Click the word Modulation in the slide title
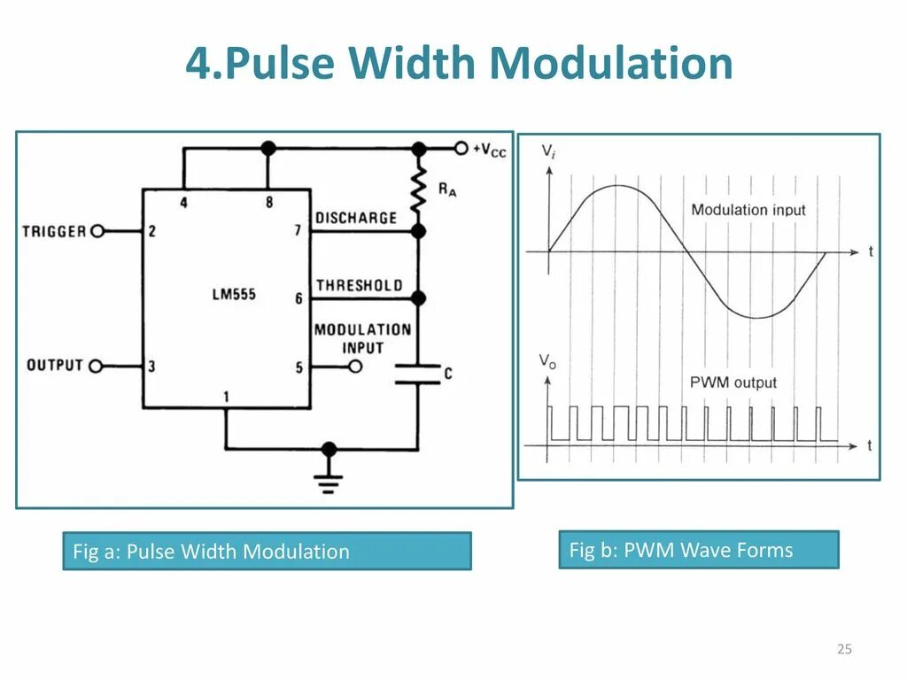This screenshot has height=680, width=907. [611, 64]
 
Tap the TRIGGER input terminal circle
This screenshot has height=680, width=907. [97, 231]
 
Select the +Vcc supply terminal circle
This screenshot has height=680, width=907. [461, 149]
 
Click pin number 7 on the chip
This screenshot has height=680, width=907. [298, 231]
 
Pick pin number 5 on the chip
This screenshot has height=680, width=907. [298, 366]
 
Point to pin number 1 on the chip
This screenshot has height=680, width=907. [227, 398]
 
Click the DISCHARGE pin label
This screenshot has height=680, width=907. [356, 218]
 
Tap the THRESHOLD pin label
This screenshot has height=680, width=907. [359, 285]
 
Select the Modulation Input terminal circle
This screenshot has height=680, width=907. [356, 366]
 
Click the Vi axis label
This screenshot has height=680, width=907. [549, 152]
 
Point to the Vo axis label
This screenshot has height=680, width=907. [548, 361]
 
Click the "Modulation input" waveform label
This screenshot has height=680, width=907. [748, 210]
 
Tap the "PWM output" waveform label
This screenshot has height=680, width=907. [733, 382]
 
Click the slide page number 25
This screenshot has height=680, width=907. [844, 650]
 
